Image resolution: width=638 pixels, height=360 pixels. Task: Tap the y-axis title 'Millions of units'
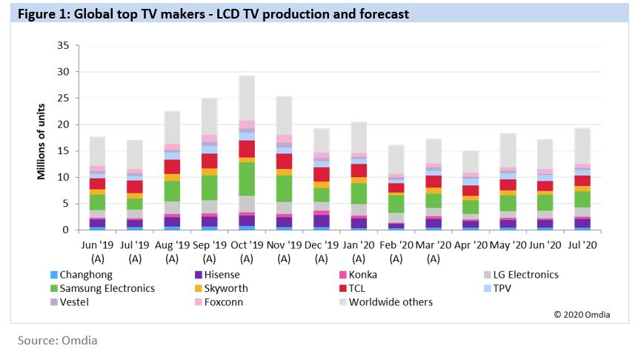44,139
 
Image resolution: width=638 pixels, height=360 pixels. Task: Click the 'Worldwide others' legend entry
390,301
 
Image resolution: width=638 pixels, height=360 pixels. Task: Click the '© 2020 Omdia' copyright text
582,315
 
